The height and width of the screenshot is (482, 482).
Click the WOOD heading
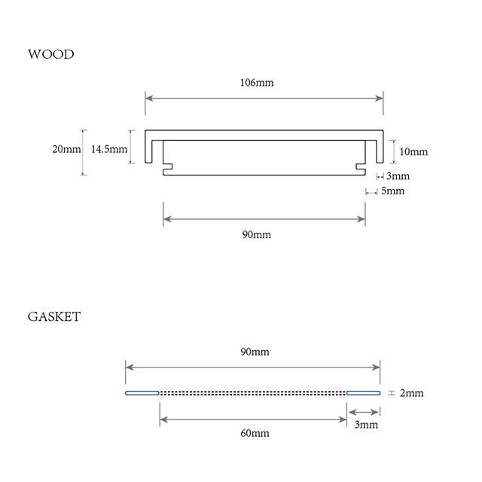pyautogui.click(x=51, y=54)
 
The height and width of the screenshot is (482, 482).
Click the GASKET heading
pyautogui.click(x=54, y=316)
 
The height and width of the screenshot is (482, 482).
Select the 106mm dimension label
pyautogui.click(x=257, y=83)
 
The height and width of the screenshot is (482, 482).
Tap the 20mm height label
pyautogui.click(x=66, y=149)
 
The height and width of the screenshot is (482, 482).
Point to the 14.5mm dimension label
pyautogui.click(x=109, y=149)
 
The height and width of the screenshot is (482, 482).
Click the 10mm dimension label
pyautogui.click(x=413, y=151)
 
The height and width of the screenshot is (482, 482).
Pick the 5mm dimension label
pyautogui.click(x=392, y=191)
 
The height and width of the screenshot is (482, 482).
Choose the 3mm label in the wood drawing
pyautogui.click(x=398, y=175)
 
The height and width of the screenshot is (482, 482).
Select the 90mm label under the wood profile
pyautogui.click(x=257, y=235)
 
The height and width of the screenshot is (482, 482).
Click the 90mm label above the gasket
pyautogui.click(x=255, y=352)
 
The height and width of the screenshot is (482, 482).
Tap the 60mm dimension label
pyautogui.click(x=255, y=433)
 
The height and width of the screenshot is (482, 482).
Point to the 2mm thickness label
pyautogui.click(x=412, y=393)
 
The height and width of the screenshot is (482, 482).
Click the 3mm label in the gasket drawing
pyautogui.click(x=366, y=425)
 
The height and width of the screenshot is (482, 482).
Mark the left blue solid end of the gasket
pyautogui.click(x=142, y=393)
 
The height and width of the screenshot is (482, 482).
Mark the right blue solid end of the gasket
pyautogui.click(x=363, y=393)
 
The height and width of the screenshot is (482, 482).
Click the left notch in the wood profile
pyautogui.click(x=168, y=166)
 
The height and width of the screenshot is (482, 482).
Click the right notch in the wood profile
pyautogui.click(x=361, y=166)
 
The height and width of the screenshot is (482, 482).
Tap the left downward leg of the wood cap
pyautogui.click(x=148, y=151)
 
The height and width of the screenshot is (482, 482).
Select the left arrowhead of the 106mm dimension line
pyautogui.click(x=149, y=98)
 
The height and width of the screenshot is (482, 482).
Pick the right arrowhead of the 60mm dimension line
pyautogui.click(x=343, y=419)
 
